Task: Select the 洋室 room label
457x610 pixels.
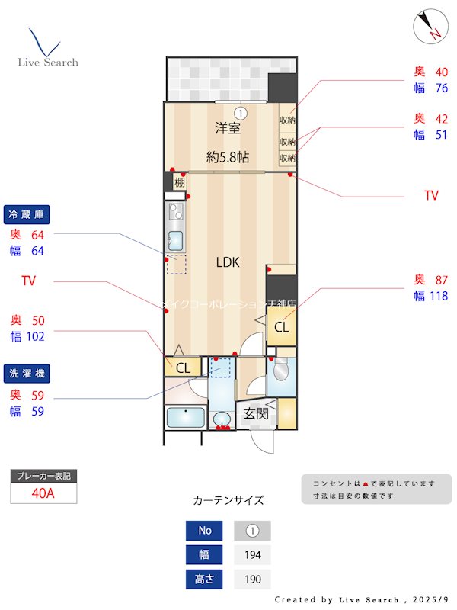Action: [x=227, y=129]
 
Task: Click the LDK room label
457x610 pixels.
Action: [x=227, y=262]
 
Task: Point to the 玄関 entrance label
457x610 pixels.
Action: [x=255, y=414]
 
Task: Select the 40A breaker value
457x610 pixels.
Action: [x=43, y=493]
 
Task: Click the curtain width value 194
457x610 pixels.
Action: [x=251, y=555]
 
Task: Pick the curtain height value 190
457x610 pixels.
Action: [x=251, y=579]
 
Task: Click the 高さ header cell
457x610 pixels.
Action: [x=204, y=579]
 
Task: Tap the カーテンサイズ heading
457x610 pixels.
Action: [x=228, y=501]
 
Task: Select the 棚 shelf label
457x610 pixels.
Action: [x=180, y=182]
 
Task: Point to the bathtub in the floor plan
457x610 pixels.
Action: [x=185, y=419]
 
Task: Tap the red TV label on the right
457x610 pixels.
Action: [x=431, y=196]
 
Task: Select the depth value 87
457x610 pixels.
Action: [x=440, y=279]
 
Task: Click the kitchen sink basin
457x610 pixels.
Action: [x=175, y=241]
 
